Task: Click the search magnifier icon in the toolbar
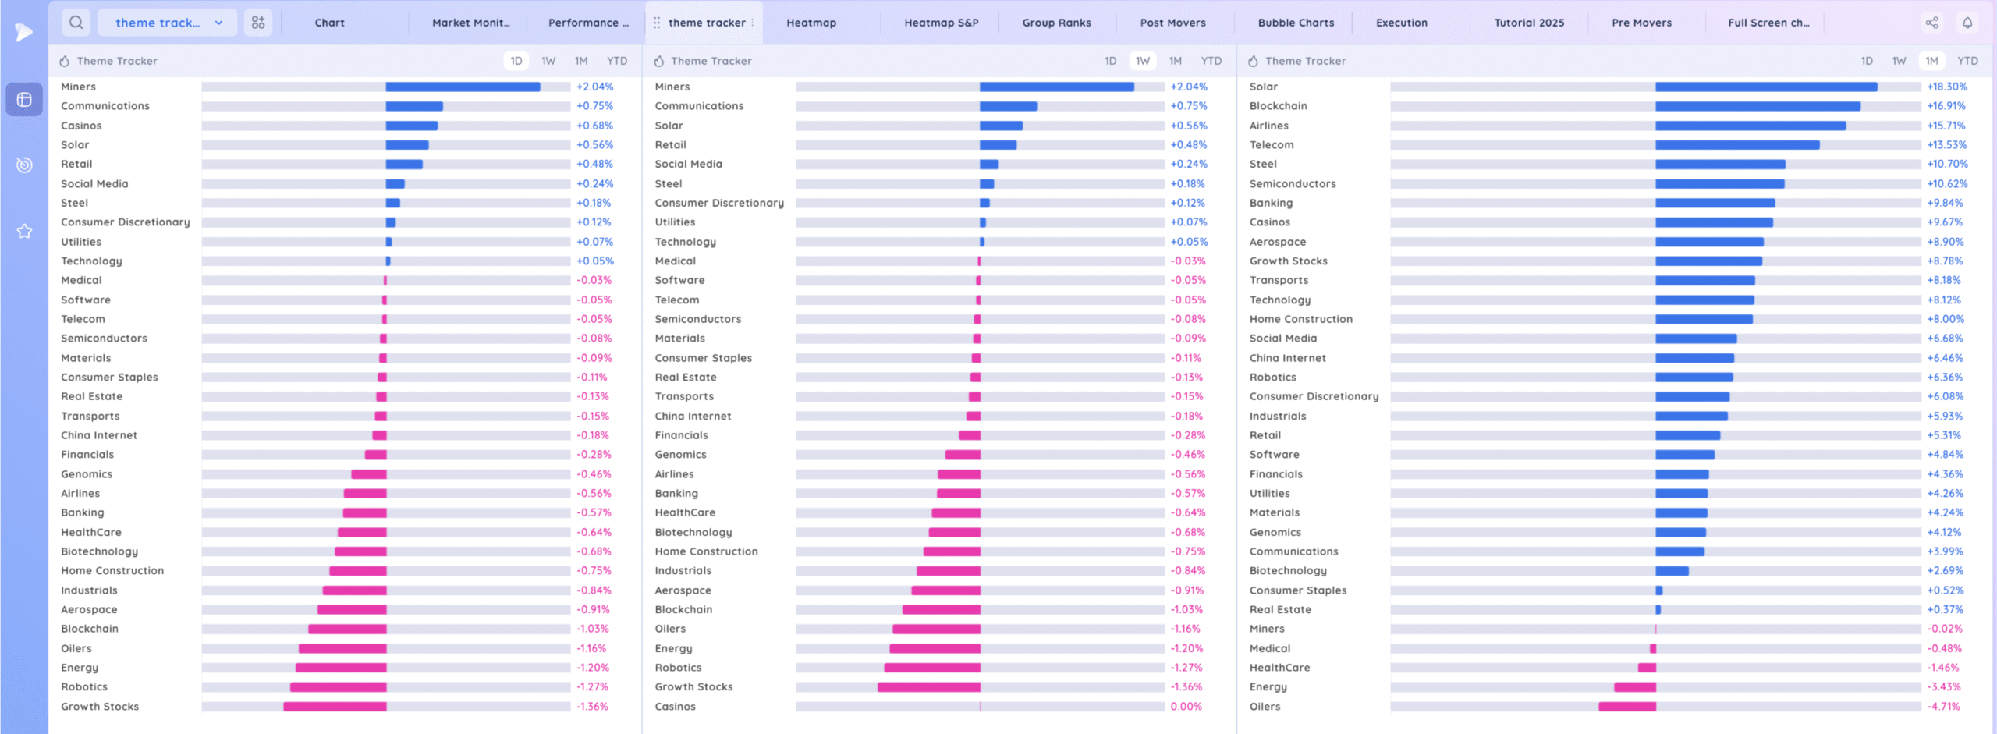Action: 76,23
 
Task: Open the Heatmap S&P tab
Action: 941,23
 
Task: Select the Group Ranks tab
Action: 1056,23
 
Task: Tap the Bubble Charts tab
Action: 1296,23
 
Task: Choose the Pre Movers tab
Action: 1641,23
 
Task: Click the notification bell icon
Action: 1967,23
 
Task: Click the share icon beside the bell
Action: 1931,23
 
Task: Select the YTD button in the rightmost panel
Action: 1967,61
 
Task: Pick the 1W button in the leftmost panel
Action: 548,61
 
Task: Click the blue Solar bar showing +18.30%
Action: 1766,87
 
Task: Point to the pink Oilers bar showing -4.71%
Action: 1627,707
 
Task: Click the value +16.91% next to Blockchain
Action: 1946,106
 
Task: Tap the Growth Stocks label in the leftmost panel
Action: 100,707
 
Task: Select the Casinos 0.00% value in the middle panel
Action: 1186,707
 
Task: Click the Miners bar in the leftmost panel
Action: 463,87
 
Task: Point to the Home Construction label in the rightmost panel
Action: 1300,319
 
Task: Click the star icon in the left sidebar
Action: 24,231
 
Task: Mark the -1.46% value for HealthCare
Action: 1943,668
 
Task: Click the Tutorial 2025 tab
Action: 1529,23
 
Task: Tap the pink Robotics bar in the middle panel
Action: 932,668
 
